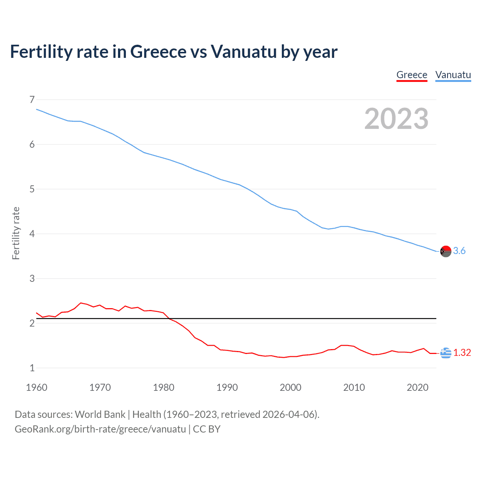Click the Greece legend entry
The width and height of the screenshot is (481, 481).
[412, 75]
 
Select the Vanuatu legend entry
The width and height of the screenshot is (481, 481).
[453, 75]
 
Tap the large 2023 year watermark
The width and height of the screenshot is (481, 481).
[396, 119]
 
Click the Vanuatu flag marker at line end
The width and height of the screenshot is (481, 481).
[446, 251]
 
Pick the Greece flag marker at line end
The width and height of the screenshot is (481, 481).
[446, 353]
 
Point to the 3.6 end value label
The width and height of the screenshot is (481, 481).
[459, 251]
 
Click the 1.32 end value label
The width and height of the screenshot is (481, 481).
[462, 353]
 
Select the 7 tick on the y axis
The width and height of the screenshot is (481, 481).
[32, 100]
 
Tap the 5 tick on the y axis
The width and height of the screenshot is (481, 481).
[32, 189]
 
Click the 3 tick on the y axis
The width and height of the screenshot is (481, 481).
[32, 278]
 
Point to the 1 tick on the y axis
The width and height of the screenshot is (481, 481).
[32, 368]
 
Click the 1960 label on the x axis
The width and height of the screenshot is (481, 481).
[36, 387]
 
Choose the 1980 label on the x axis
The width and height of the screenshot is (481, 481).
[163, 387]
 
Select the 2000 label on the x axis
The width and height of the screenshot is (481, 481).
[290, 387]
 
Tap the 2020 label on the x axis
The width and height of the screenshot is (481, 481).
[417, 387]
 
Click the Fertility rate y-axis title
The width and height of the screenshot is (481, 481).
[16, 233]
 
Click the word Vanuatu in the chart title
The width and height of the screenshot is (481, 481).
[244, 51]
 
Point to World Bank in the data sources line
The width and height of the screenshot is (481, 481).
[100, 414]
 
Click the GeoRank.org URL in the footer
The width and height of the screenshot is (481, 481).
[100, 429]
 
